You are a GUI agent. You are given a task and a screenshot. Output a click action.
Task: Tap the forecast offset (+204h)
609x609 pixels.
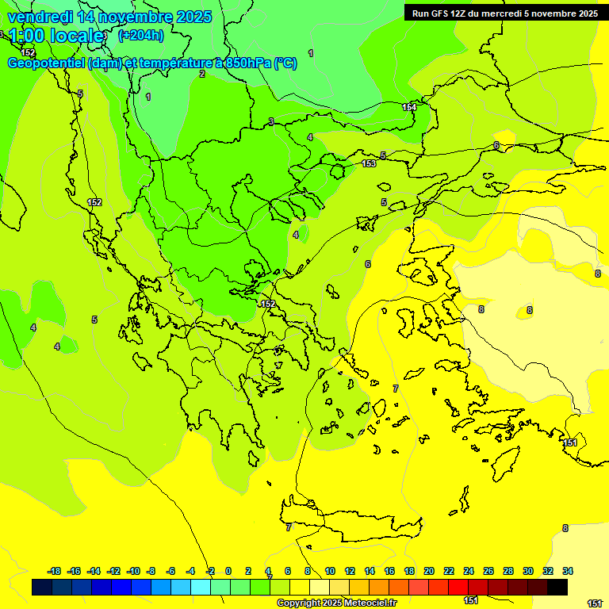140,35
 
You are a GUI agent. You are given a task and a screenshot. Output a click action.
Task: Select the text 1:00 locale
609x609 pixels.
56,36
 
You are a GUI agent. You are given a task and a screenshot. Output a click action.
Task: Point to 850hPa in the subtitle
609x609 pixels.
247,63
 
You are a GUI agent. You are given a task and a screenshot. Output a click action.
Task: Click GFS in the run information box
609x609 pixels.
449,13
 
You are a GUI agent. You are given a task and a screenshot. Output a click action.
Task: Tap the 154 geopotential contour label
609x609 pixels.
409,107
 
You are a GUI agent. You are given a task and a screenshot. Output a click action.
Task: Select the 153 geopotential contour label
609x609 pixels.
369,163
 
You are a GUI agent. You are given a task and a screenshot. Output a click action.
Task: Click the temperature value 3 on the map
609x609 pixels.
271,121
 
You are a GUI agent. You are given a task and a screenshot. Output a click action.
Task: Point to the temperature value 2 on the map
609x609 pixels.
202,74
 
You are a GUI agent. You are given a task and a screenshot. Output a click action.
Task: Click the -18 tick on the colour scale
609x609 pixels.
54,571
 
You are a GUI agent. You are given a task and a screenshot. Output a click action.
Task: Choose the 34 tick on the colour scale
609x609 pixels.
568,571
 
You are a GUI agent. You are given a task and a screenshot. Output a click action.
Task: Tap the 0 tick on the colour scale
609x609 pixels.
228,571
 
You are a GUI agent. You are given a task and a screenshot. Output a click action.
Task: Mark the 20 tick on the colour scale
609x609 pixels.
429,571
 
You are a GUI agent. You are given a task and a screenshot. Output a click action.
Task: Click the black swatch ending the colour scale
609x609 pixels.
557,588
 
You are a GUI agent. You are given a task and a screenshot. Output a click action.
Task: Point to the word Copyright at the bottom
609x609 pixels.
300,603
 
